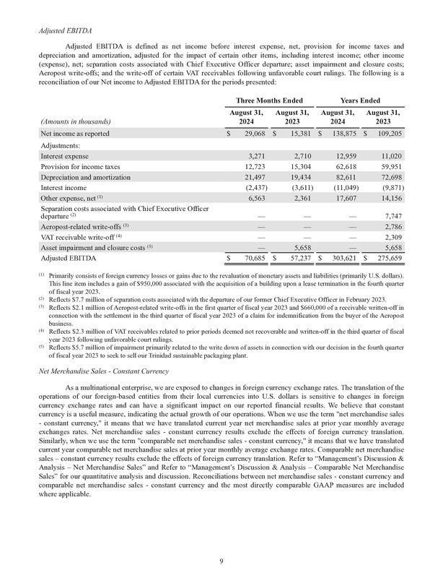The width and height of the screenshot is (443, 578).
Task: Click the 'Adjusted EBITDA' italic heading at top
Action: (64, 31)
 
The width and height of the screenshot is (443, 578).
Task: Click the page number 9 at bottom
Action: (221, 560)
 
